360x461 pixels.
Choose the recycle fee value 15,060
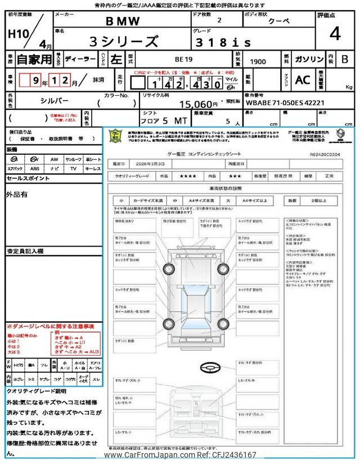(197, 104)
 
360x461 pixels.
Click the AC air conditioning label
(303, 80)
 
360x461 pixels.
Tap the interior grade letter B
(345, 59)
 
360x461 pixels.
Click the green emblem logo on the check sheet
(115, 136)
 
